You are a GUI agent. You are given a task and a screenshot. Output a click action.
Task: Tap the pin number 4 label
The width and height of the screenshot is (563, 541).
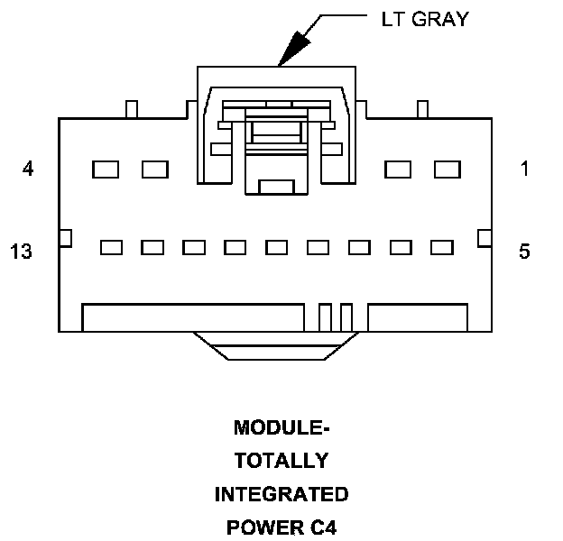pyautogui.click(x=28, y=169)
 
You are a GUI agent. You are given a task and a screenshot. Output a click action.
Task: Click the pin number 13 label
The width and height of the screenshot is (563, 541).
pyautogui.click(x=22, y=252)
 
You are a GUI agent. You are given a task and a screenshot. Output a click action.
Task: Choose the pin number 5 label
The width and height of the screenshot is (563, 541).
pyautogui.click(x=524, y=252)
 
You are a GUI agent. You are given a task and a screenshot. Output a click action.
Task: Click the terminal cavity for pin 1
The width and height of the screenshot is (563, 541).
pyautogui.click(x=448, y=169)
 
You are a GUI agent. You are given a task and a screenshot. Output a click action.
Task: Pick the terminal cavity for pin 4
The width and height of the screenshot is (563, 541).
pyautogui.click(x=106, y=169)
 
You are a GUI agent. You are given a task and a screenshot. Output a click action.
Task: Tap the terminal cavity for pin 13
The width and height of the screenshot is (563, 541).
pyautogui.click(x=112, y=247)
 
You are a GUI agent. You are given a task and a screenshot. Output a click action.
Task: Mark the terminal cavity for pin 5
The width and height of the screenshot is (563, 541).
pyautogui.click(x=441, y=247)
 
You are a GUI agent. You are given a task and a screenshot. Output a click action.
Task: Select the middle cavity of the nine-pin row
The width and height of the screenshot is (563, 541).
pyautogui.click(x=277, y=247)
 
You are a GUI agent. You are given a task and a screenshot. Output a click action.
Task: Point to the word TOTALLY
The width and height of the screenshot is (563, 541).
pyautogui.click(x=281, y=461)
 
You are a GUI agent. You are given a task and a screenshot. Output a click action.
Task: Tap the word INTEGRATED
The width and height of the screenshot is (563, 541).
pyautogui.click(x=281, y=494)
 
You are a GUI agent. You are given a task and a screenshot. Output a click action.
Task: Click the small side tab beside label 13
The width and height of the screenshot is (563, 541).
pyautogui.click(x=64, y=237)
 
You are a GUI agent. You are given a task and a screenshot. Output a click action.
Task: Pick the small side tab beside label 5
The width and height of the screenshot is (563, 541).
pyautogui.click(x=484, y=237)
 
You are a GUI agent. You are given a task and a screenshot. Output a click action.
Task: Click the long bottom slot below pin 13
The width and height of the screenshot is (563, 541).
pyautogui.click(x=192, y=317)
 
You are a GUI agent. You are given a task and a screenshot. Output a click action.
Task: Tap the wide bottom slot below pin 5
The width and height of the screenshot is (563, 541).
pyautogui.click(x=418, y=317)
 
